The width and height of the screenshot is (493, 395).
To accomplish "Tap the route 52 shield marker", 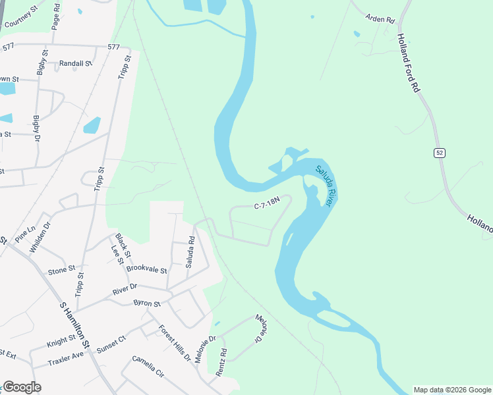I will [x=440, y=153].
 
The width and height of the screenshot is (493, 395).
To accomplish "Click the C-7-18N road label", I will [x=268, y=206].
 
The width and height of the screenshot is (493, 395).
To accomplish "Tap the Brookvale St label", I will [x=147, y=269].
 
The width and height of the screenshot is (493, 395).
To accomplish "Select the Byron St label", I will [x=147, y=303].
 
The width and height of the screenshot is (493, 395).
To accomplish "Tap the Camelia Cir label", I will [x=147, y=366].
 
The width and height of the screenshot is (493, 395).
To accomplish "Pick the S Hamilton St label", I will [x=75, y=325].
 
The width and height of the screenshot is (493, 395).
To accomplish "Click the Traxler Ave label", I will [x=66, y=359].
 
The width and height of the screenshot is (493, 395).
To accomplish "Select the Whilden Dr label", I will [x=39, y=237].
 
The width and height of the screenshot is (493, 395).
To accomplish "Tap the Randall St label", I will [x=75, y=64].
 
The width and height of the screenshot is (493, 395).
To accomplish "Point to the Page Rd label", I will [x=56, y=14].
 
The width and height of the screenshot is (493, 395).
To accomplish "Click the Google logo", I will [x=22, y=387].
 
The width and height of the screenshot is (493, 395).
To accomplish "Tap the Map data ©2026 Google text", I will [x=452, y=390].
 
